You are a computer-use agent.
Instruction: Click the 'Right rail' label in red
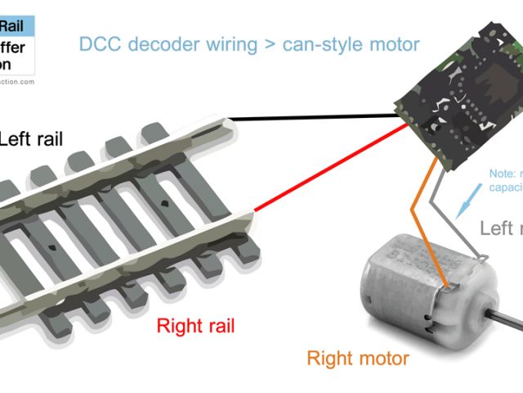195,326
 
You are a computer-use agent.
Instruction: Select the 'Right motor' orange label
357,358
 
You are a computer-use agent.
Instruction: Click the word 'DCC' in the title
99,43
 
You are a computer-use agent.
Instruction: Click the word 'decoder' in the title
159,43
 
